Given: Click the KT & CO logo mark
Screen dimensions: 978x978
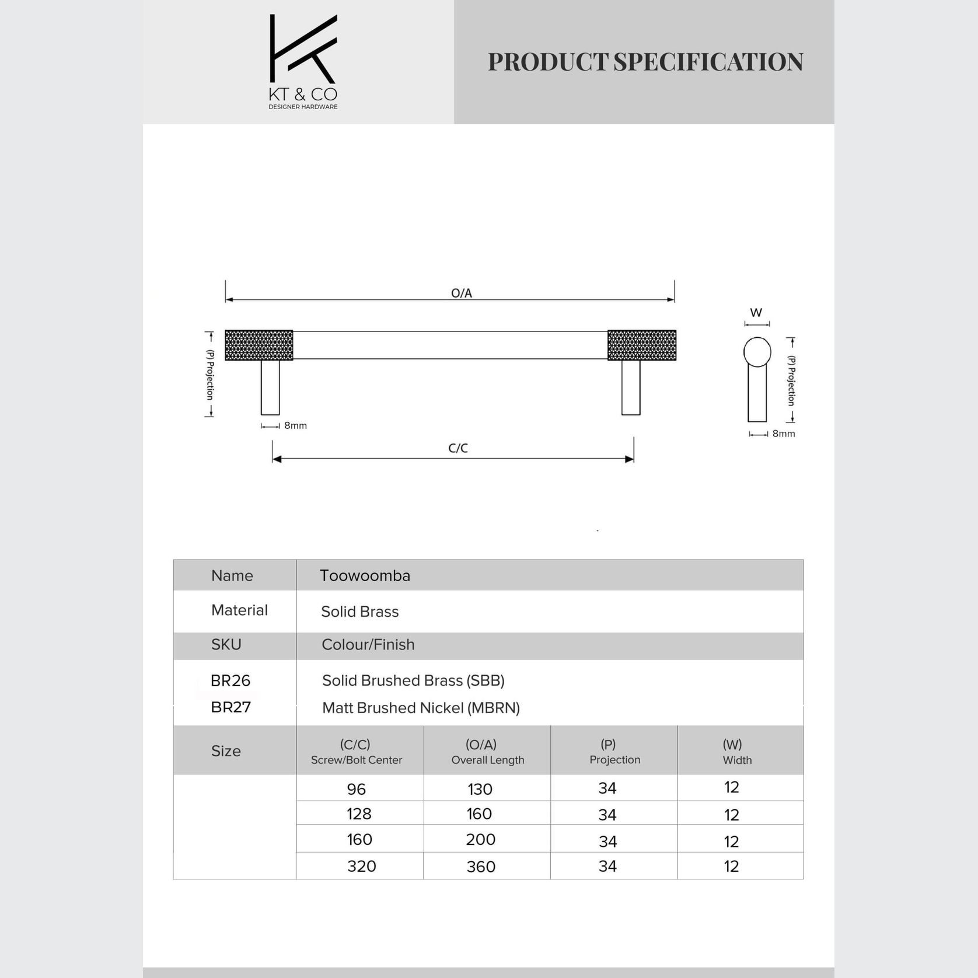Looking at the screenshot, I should [303, 50].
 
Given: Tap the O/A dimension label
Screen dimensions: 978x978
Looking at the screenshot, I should [461, 293].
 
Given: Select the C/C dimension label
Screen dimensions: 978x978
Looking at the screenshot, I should [457, 448].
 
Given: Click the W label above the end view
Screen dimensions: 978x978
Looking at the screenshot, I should [756, 313].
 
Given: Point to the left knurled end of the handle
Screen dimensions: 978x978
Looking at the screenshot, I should [259, 345].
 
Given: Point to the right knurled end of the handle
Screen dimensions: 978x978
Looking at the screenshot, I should [641, 345].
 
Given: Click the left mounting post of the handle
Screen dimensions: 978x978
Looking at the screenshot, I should [270, 387].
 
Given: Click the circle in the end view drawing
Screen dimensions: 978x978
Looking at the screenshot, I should [757, 352].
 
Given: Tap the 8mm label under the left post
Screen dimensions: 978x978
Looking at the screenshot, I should [295, 425].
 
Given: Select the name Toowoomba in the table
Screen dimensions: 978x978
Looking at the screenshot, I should [365, 575].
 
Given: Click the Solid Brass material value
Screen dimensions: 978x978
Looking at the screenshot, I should [359, 612].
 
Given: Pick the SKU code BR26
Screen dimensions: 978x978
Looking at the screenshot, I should [230, 680].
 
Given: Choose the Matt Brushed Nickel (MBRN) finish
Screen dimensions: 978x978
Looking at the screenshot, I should [421, 708].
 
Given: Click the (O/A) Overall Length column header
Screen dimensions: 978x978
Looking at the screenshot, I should [487, 752].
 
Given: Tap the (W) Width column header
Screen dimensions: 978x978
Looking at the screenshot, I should [736, 752].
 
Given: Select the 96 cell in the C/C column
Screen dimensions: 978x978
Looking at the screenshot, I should [356, 789].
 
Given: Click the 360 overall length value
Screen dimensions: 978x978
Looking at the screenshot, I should [481, 867].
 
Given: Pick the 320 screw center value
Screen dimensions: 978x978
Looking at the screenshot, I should [361, 866].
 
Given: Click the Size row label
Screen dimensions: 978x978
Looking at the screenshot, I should [226, 751].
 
